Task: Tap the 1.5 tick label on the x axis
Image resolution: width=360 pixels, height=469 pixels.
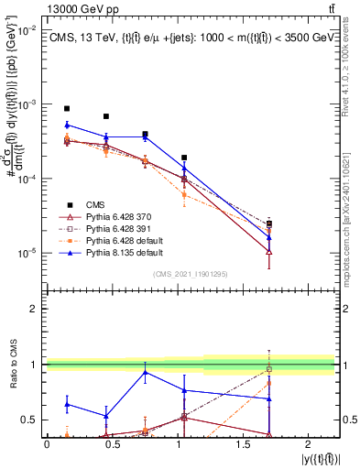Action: pos(254,443)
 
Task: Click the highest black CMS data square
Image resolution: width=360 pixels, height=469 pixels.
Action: pos(67,108)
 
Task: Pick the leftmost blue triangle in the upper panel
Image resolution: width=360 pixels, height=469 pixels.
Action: pos(67,124)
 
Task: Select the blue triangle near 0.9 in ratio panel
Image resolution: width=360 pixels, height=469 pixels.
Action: pos(145,372)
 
